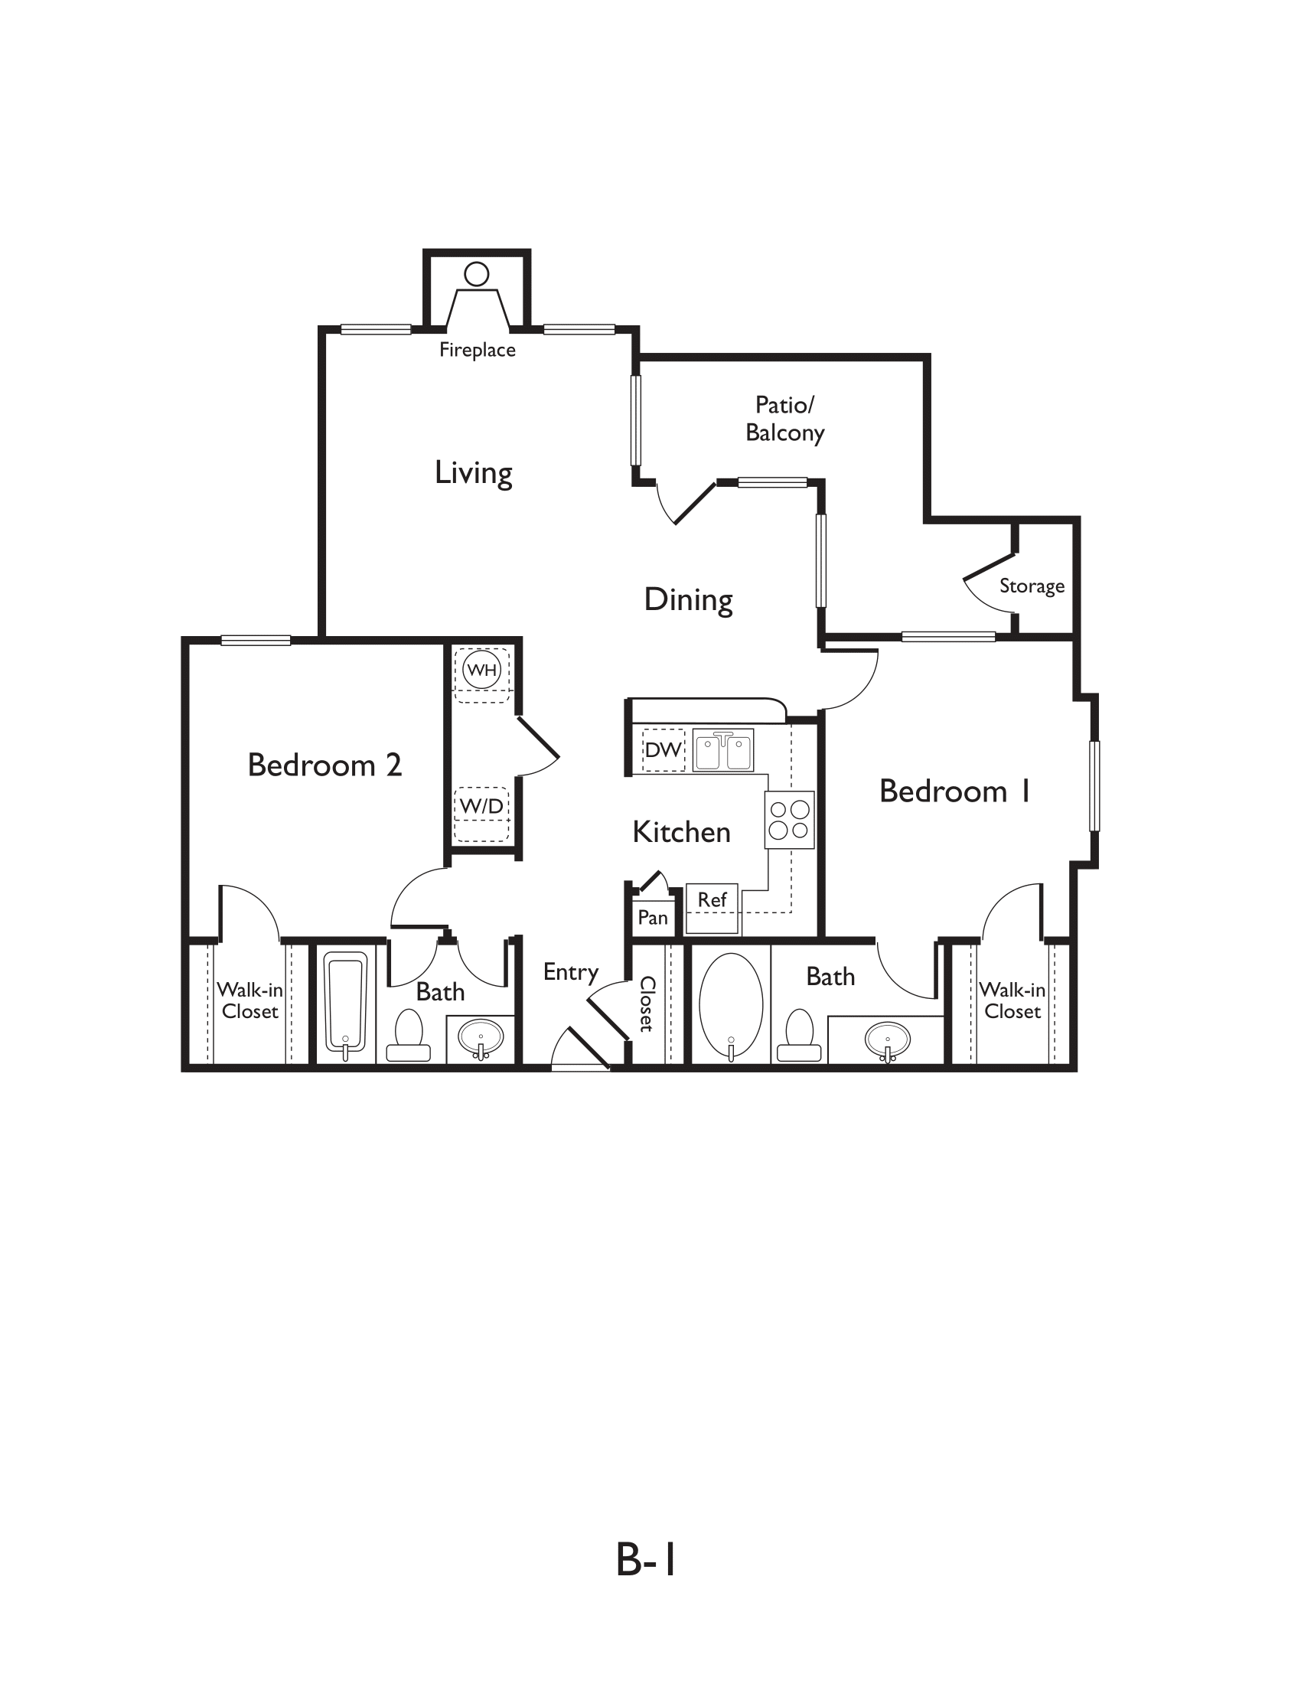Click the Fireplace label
coord(477,350)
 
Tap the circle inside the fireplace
coord(477,274)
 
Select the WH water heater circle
coord(481,669)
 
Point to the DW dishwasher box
coord(663,749)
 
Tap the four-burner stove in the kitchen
coord(789,820)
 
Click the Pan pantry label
coord(653,918)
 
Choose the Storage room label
coord(1032,586)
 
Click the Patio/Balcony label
coord(784,419)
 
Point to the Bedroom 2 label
coord(324,765)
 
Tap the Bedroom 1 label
coord(954,792)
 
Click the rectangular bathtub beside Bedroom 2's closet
coord(344,1004)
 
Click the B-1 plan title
coord(646,1559)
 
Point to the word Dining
coord(688,600)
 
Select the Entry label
coord(570,972)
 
